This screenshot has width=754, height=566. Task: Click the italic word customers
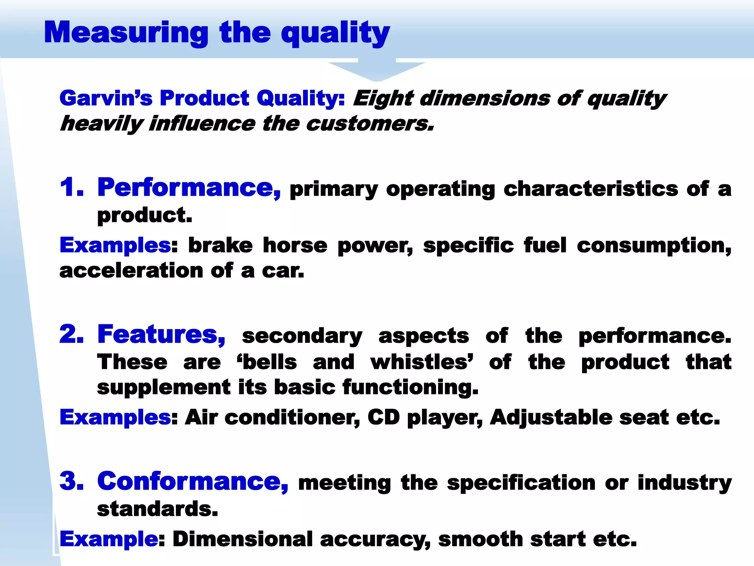coord(370,124)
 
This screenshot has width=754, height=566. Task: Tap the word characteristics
coord(591,189)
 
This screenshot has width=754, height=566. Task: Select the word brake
coord(221,245)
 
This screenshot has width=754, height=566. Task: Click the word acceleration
coord(131,271)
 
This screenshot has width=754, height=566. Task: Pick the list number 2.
coord(71,335)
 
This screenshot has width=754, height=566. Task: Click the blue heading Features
coord(161,335)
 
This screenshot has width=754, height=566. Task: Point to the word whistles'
coord(422,362)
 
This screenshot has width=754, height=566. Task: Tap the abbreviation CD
coord(383,417)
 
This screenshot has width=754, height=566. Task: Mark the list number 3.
coord(71,482)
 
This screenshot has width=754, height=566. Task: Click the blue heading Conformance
coord(193,482)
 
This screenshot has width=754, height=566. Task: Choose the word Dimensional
coord(243,539)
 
